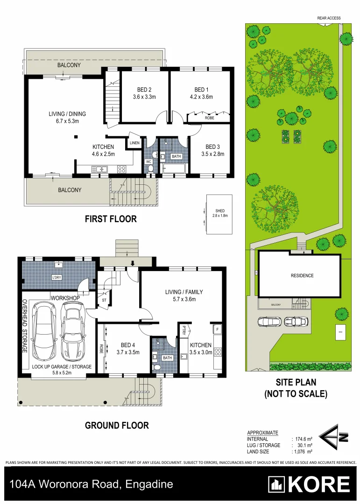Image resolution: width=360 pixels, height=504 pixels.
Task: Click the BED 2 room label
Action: [x=144, y=90]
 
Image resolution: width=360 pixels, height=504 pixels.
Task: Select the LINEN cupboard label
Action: [x=134, y=143]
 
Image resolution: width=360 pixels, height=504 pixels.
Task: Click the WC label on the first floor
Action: [x=148, y=161]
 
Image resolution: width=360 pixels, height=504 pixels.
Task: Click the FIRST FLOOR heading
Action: [x=111, y=219]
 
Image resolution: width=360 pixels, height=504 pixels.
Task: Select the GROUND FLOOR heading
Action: [x=117, y=425]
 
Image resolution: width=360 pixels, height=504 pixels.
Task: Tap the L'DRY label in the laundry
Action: [x=57, y=278]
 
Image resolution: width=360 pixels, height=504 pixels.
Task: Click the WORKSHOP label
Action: [x=65, y=298]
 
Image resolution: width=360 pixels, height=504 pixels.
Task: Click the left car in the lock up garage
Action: [x=43, y=332]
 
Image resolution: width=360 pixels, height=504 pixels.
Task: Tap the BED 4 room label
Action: [x=128, y=345]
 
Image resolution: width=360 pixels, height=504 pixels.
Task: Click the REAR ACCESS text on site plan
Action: [x=329, y=18]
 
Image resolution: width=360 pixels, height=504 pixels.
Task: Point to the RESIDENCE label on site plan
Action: [x=302, y=276]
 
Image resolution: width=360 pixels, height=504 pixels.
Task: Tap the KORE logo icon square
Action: [x=276, y=484]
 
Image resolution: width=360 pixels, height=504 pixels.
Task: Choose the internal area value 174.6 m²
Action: [x=303, y=439]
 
